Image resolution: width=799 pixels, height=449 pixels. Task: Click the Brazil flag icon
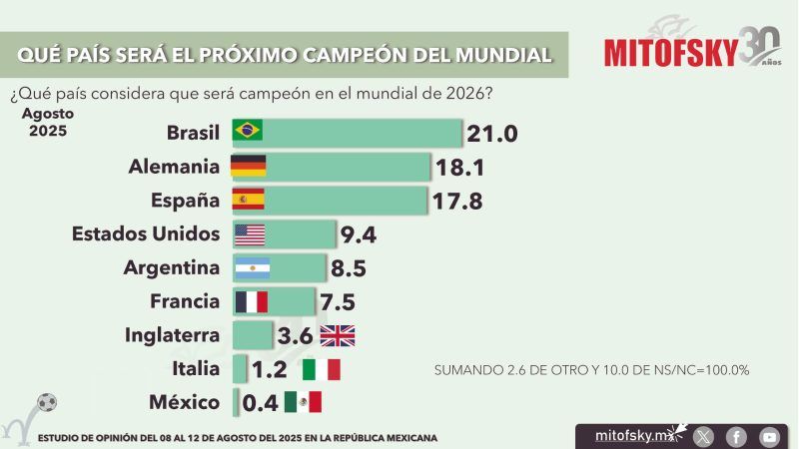tap(247, 131)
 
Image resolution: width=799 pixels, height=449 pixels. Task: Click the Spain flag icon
tap(248, 199)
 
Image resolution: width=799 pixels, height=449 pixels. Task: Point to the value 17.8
tap(457, 202)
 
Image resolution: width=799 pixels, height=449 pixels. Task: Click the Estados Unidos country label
tap(146, 233)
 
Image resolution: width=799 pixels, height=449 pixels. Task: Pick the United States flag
tap(249, 233)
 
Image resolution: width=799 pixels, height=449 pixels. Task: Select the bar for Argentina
tap(279, 267)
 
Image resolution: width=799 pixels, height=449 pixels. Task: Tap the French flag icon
tap(251, 301)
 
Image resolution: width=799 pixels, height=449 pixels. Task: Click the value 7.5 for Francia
tap(336, 302)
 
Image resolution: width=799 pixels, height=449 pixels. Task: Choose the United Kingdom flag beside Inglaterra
tap(337, 335)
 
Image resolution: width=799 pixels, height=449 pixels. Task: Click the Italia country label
tap(196, 368)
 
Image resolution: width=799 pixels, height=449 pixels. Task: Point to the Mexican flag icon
tap(303, 402)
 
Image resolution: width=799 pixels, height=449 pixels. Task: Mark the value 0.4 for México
tap(259, 402)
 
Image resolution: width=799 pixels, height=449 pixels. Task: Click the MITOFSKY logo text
tap(670, 52)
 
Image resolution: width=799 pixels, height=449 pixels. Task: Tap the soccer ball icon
tap(46, 403)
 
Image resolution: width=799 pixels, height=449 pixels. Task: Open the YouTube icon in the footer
tap(768, 436)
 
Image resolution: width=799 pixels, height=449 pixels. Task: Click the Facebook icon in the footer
tap(736, 436)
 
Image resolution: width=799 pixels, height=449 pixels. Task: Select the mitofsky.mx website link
tap(629, 436)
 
